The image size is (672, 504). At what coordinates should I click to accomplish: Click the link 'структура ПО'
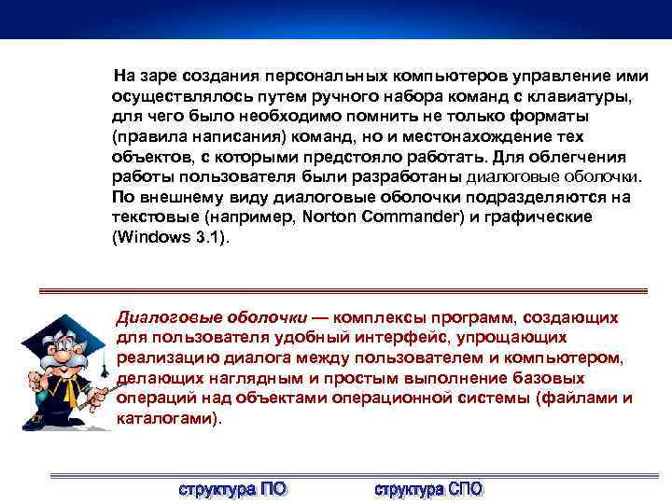232,488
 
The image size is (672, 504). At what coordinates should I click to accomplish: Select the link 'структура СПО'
428,488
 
